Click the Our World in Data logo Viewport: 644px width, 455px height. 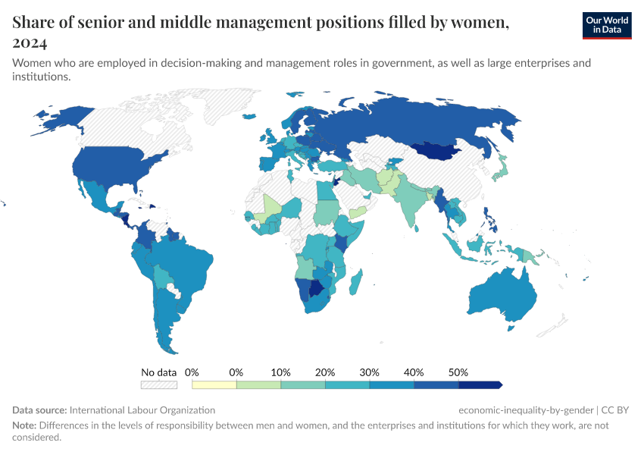click(x=606, y=24)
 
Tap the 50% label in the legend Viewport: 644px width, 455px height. click(x=458, y=372)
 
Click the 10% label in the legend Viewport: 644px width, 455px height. click(x=281, y=372)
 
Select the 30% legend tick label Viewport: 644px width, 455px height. click(x=370, y=372)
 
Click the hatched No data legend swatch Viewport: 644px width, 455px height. click(x=158, y=384)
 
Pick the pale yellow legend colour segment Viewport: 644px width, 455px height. click(x=214, y=384)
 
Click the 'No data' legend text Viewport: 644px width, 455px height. click(x=158, y=372)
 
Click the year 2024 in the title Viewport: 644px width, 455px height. click(x=30, y=42)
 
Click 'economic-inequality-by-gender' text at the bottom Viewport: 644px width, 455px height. click(x=526, y=409)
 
